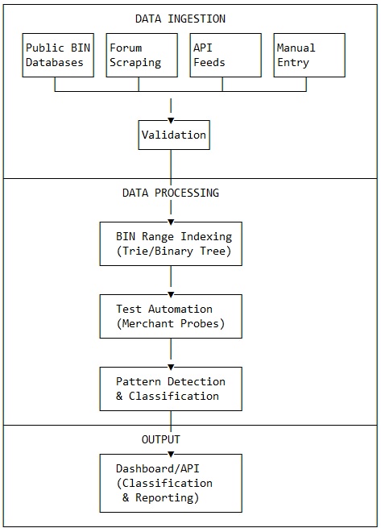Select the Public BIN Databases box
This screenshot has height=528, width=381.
[x=55, y=55]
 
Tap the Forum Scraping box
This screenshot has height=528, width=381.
[x=139, y=55]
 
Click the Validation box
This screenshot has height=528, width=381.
[x=173, y=135]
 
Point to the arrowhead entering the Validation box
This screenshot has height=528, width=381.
[x=171, y=118]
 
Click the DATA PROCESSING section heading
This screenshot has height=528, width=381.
[x=170, y=193]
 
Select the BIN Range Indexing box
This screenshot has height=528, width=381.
[x=171, y=243]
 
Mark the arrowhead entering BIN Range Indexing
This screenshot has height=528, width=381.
[x=171, y=220]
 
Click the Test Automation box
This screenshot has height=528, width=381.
[x=171, y=316]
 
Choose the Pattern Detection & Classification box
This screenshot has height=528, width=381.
[x=171, y=389]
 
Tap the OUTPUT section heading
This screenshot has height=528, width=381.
[x=161, y=440]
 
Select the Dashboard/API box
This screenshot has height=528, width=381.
[x=171, y=483]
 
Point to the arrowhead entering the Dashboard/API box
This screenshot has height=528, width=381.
[x=171, y=452]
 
